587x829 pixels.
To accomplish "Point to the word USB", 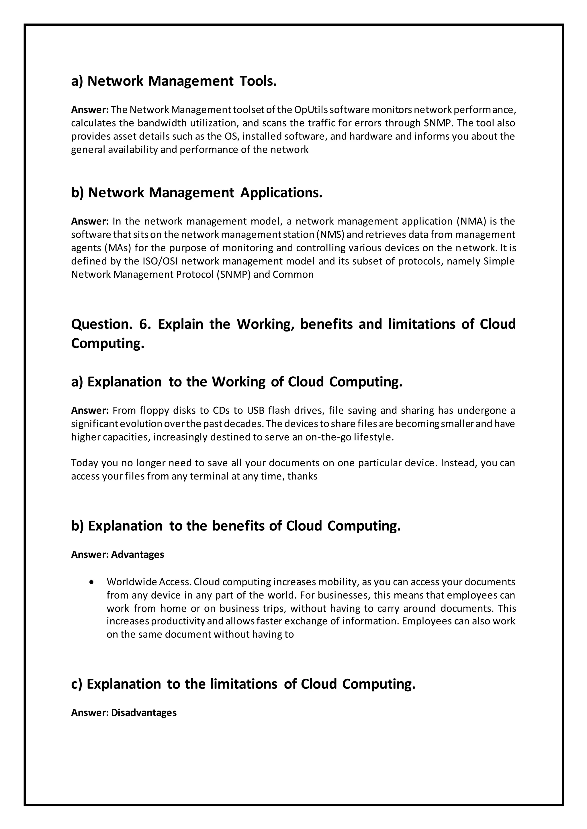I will point(256,410).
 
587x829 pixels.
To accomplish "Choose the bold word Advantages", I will point(137,554).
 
